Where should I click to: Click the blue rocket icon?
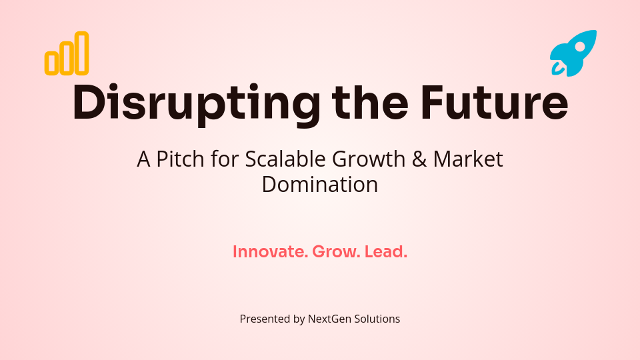pos(573,53)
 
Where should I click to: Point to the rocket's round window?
pos(580,47)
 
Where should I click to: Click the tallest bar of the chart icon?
pos(81,53)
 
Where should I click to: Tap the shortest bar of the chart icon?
pos(51,62)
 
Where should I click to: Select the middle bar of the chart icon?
pos(67,57)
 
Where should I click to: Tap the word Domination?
pos(320,184)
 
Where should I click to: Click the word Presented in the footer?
pos(265,319)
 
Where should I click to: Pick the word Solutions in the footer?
pos(377,319)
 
